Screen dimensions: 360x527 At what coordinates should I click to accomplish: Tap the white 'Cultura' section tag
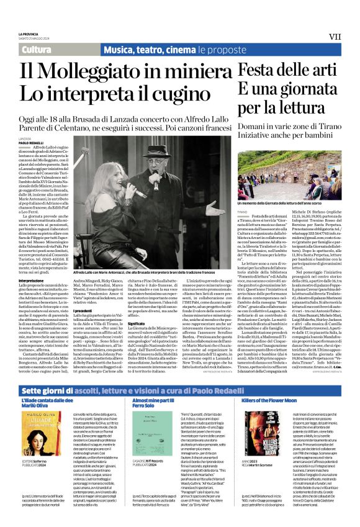click(36, 50)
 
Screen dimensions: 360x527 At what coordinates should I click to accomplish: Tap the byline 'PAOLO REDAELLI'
click(33, 142)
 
